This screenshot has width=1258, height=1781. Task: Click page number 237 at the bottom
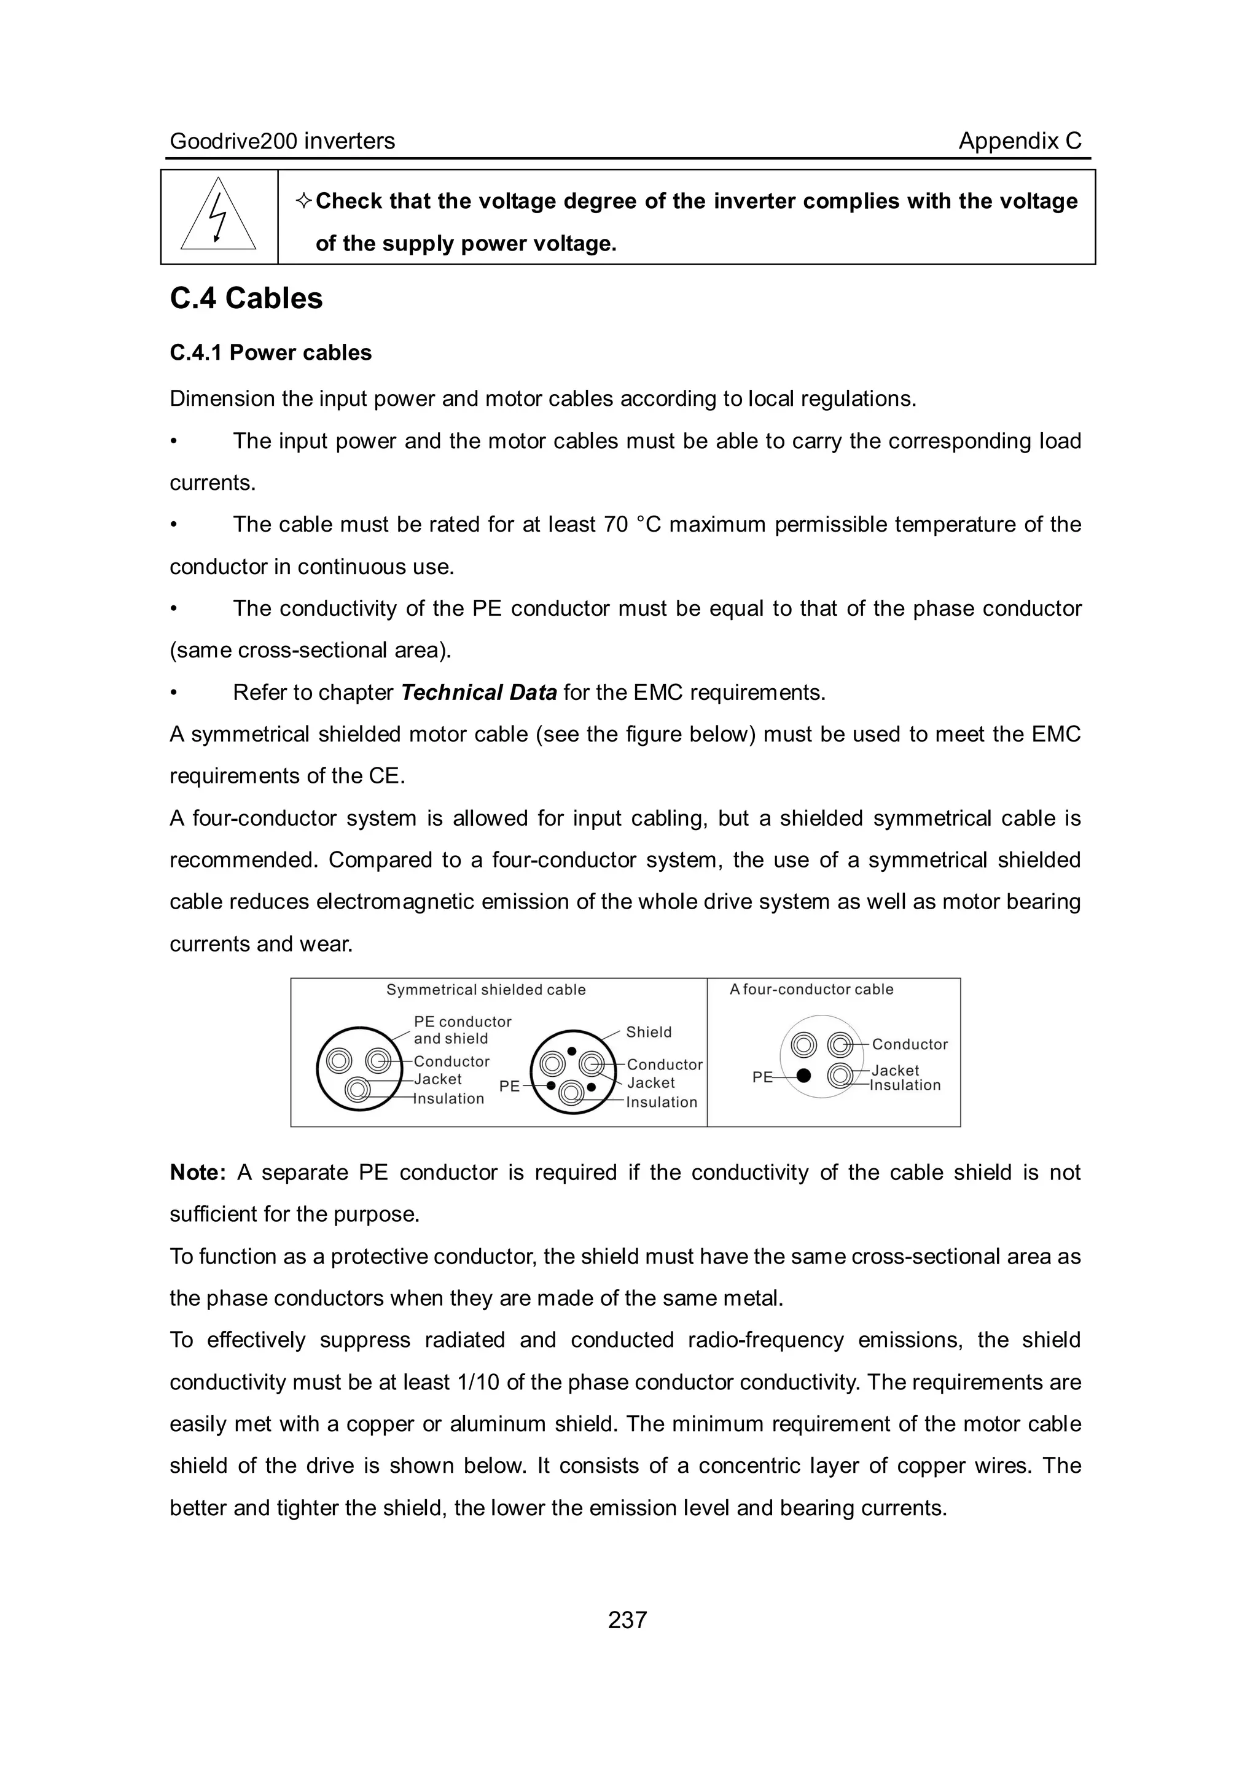tap(627, 1620)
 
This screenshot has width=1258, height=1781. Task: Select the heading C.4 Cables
tap(246, 298)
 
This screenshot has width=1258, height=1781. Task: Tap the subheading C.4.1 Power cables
tap(271, 353)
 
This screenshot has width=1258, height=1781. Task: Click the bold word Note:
tap(197, 1172)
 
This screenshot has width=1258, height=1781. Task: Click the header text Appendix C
tap(1019, 141)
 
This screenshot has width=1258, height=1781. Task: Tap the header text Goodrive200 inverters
tap(283, 141)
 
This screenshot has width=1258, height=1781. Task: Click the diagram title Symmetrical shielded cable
tap(486, 990)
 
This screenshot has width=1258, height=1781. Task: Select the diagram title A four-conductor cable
tap(811, 989)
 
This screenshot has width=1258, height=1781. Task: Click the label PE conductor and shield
tap(462, 1030)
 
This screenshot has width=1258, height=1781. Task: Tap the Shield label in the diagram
tap(649, 1031)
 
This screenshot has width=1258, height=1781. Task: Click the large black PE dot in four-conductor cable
tap(804, 1075)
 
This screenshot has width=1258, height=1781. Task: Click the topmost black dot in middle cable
tap(571, 1051)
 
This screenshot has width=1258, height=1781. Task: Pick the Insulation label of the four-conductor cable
tap(905, 1085)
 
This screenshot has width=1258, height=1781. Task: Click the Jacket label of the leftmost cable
tap(438, 1079)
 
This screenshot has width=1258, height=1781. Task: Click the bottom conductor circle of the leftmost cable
tap(357, 1090)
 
